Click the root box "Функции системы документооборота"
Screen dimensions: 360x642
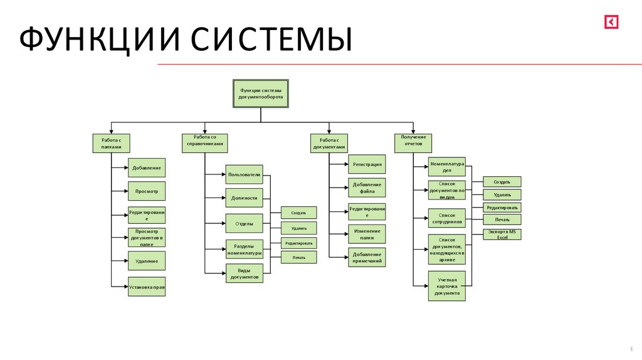[261, 93]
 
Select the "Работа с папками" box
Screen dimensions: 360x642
[111, 143]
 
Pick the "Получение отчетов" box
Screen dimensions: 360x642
[413, 143]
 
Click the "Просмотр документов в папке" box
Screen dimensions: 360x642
[147, 238]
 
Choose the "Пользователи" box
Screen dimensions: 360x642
[245, 174]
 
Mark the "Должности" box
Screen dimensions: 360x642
[245, 198]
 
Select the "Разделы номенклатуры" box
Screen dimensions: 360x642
[245, 250]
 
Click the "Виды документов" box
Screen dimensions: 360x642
[245, 273]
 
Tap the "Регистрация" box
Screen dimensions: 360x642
[367, 164]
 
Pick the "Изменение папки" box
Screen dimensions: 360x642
[367, 234]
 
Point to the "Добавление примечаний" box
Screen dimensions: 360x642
[367, 257]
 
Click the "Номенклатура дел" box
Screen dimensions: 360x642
[447, 167]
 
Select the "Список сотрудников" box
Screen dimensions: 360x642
[447, 218]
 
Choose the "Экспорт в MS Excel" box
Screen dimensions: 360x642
[502, 235]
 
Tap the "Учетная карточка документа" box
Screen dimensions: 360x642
[447, 285]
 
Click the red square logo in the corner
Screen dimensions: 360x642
[611, 22]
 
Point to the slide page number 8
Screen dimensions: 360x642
[631, 349]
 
